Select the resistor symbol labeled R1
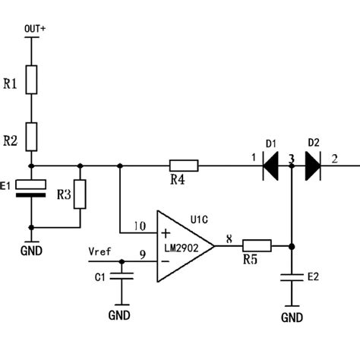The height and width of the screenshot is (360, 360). coord(31,79)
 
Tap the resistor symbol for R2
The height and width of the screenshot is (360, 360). coord(31,137)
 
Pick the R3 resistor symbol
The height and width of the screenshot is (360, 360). coord(81,194)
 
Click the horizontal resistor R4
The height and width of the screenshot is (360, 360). coord(183,165)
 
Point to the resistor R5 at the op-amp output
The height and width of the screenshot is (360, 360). coord(257,245)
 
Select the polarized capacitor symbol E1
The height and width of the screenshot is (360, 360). coord(31,188)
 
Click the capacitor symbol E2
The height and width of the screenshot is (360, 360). coord(292,278)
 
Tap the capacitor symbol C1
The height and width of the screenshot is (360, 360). coord(119,278)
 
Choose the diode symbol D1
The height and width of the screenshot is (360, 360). coord(271,165)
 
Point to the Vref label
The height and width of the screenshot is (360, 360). coord(99,251)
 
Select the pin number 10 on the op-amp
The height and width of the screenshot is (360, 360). coord(139,226)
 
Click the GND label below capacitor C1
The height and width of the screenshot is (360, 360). coord(119,314)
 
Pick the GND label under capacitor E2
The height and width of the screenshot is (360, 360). coord(292,317)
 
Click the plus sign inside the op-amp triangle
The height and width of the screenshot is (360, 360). coord(166,232)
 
